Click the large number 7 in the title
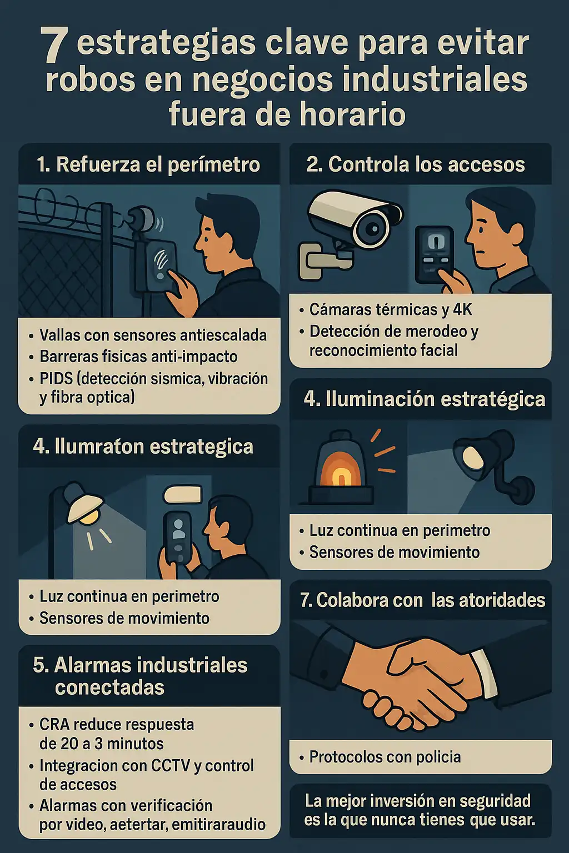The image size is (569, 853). (54, 46)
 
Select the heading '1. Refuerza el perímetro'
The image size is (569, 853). (148, 164)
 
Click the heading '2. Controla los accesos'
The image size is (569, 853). (416, 164)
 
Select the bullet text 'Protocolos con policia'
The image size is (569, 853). (385, 757)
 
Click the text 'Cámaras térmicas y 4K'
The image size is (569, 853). (391, 309)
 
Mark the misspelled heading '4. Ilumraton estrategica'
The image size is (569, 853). (143, 446)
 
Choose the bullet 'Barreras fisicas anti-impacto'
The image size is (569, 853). (138, 357)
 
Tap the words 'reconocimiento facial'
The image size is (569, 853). (383, 350)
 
